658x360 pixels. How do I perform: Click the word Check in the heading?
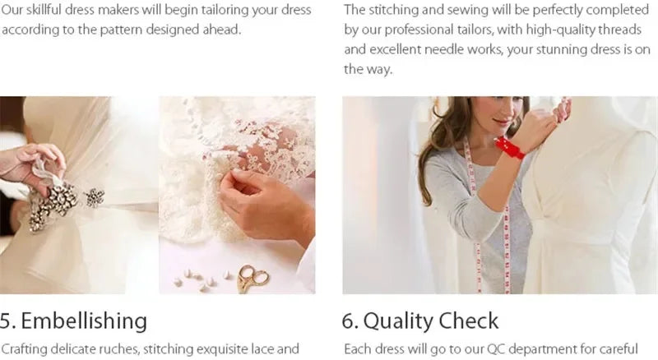469,321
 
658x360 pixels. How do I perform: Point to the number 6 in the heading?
348,321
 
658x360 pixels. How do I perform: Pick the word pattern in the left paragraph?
122,30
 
